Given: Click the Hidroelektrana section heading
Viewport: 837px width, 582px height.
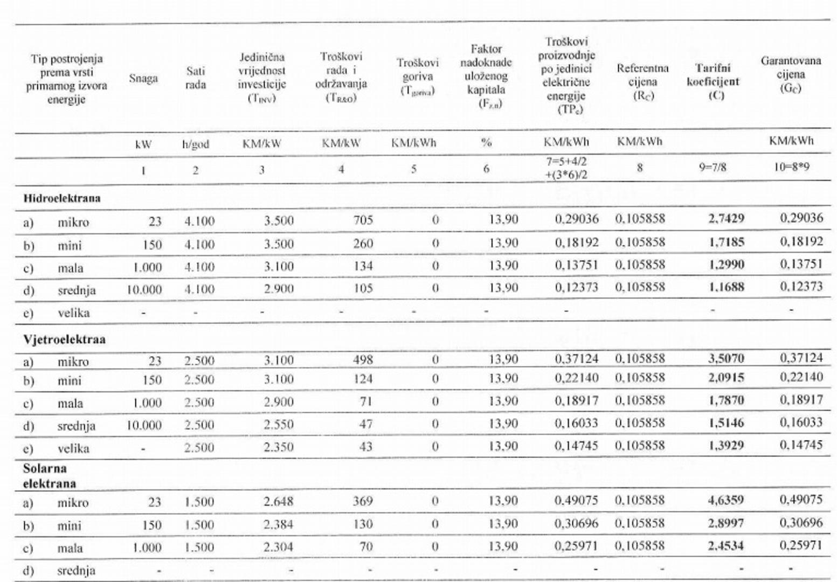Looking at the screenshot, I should pyautogui.click(x=61, y=198).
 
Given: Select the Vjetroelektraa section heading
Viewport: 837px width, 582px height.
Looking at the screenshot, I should pyautogui.click(x=64, y=339).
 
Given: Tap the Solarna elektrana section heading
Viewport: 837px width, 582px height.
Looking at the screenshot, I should pyautogui.click(x=49, y=476).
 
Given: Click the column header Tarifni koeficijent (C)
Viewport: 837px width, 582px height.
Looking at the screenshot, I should pyautogui.click(x=713, y=82).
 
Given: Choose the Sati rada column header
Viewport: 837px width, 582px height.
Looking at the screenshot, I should pyautogui.click(x=196, y=78).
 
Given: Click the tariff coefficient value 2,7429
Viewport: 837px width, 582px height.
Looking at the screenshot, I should pyautogui.click(x=726, y=219).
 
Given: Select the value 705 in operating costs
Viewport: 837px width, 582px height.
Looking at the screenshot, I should pyautogui.click(x=363, y=220).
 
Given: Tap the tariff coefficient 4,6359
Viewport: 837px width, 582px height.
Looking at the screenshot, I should pyautogui.click(x=725, y=500).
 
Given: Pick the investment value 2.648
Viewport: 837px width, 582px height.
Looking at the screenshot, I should pyautogui.click(x=278, y=502).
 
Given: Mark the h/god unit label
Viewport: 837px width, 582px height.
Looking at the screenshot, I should pyautogui.click(x=196, y=144).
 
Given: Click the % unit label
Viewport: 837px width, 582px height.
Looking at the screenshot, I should pyautogui.click(x=486, y=143).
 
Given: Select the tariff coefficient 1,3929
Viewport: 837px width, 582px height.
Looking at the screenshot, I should pyautogui.click(x=726, y=446).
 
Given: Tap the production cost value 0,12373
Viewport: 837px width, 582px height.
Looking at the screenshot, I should pyautogui.click(x=576, y=288).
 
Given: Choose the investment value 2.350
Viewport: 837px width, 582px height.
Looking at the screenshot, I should pyautogui.click(x=278, y=447).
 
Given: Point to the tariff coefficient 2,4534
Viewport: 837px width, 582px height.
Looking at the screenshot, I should pyautogui.click(x=725, y=546).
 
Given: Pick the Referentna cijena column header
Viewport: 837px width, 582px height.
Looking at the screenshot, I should pyautogui.click(x=642, y=81).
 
